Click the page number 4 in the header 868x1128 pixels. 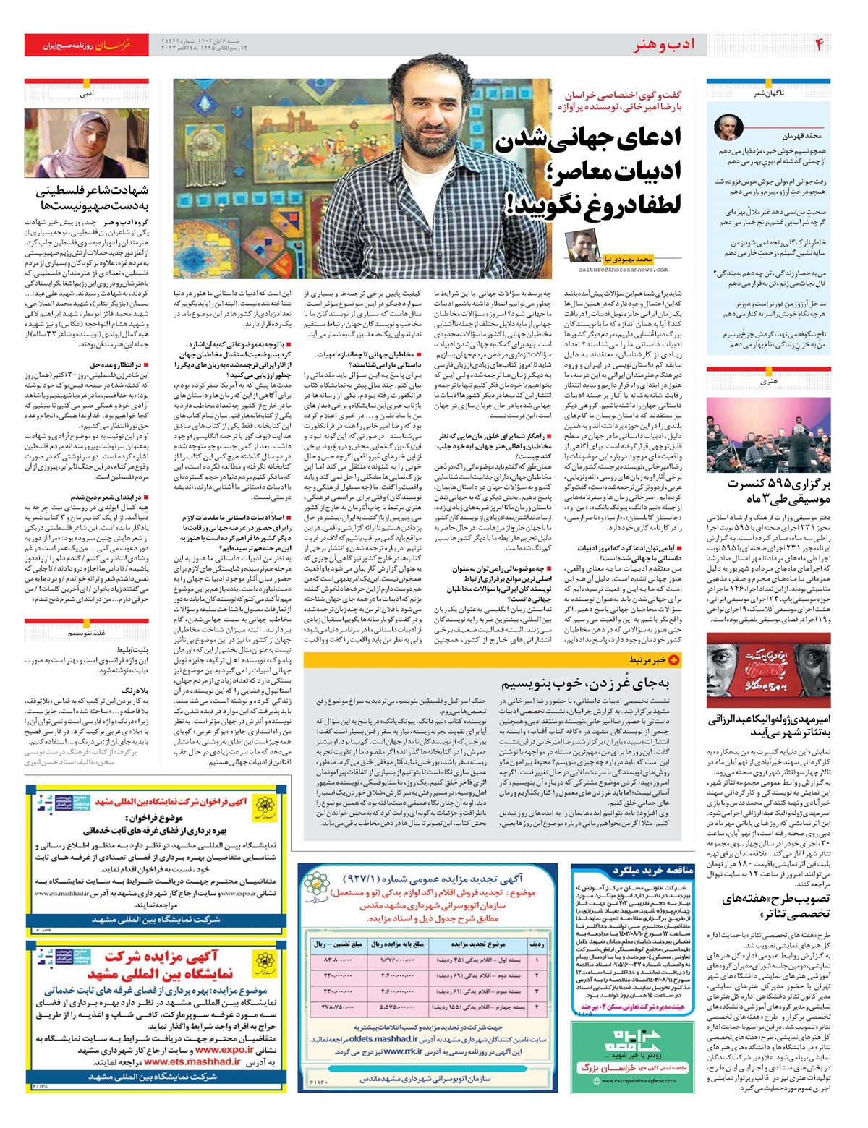pos(819,45)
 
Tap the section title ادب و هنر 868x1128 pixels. pos(664,45)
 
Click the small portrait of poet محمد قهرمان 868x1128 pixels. pos(728,127)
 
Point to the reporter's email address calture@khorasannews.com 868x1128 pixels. pos(623,269)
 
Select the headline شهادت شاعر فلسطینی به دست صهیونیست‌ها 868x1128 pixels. pos(92,199)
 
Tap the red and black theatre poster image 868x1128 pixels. pos(768,670)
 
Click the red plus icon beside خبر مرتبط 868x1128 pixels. pos(673,659)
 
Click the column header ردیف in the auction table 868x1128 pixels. pos(537,944)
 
